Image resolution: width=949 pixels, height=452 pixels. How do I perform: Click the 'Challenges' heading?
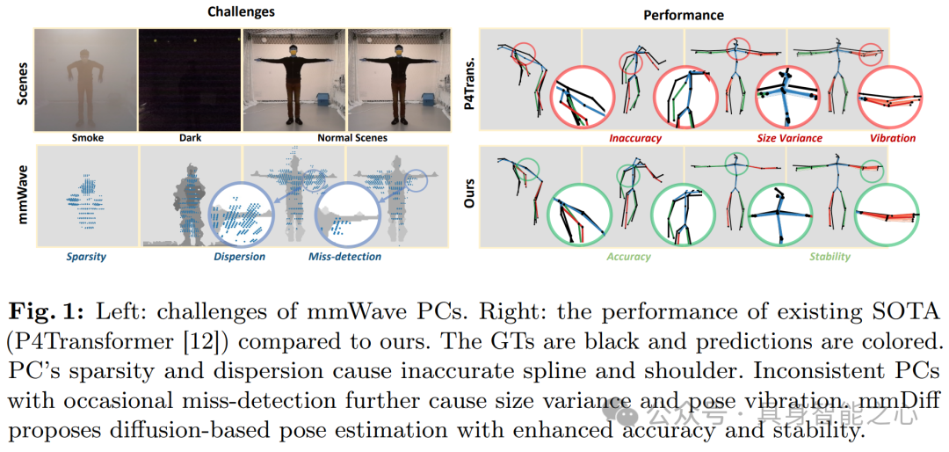coord(241,11)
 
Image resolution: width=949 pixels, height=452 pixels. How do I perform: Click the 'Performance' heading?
coord(684,15)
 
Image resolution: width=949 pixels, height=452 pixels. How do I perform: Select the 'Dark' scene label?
coord(190,138)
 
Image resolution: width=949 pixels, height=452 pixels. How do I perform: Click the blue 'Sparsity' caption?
coord(87,257)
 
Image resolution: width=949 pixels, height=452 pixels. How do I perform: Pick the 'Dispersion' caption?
coord(239,257)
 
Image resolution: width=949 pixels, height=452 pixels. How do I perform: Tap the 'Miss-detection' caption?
coord(345,257)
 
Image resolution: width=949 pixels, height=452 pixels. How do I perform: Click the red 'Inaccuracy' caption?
coord(634,138)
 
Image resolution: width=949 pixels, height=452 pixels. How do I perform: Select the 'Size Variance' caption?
coord(790,138)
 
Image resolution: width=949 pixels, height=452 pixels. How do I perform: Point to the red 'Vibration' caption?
coord(892,138)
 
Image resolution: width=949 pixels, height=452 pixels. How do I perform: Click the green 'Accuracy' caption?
coord(629,257)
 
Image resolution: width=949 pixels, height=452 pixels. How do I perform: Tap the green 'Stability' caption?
coord(829,257)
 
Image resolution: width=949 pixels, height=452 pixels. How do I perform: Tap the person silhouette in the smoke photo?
coord(85,77)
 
